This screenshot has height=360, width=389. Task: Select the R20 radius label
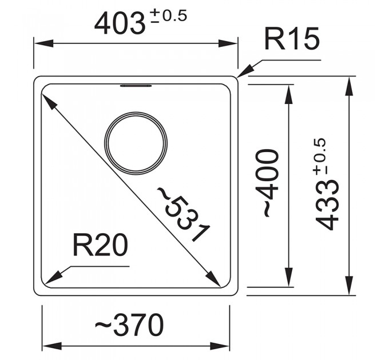101,246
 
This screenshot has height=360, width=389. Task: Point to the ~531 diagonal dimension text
184,214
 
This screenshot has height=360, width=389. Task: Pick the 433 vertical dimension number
328,205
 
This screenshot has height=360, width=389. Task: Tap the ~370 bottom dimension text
129,325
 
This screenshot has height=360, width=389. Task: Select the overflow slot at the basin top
136,86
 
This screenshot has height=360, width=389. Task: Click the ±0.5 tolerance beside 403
169,16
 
